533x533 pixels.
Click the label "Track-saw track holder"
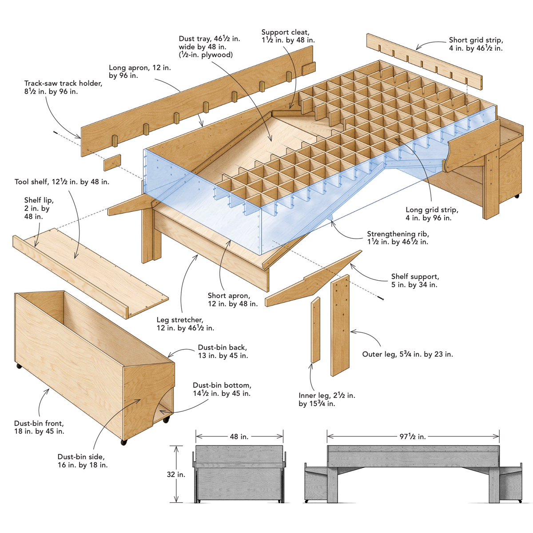pos(63,88)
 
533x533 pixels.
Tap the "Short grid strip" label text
pos(476,44)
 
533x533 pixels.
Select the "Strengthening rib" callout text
pos(398,238)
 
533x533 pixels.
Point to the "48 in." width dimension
pos(239,437)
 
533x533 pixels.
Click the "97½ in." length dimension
pos(413,437)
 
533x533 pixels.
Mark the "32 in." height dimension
pos(176,474)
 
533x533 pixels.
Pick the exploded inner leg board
pos(315,330)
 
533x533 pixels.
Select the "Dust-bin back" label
pos(223,351)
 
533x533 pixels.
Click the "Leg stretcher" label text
pos(185,324)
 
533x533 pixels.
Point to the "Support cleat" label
pos(288,36)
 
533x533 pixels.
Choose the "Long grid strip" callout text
pos(431,214)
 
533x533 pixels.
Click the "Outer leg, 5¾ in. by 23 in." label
pos(407,354)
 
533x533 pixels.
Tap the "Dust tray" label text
pos(209,47)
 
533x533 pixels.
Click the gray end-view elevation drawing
pos(239,474)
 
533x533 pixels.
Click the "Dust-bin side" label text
pos(82,461)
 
